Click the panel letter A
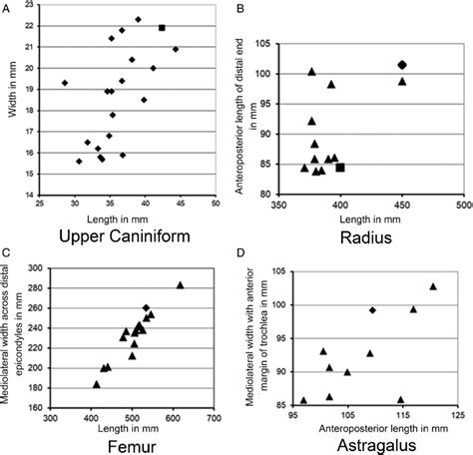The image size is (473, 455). [x=6, y=7]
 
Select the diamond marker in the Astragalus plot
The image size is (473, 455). [x=372, y=310]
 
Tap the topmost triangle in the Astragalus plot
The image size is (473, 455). [x=433, y=286]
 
